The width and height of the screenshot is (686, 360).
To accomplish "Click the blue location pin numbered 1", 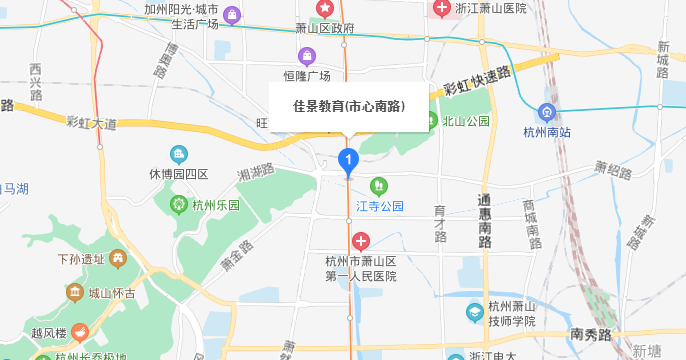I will click(348, 160).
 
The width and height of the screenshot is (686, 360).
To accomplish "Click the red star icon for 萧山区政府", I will click(324, 9).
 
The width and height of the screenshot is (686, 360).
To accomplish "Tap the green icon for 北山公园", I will click(430, 121).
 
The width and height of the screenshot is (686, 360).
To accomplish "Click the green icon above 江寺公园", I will click(378, 186).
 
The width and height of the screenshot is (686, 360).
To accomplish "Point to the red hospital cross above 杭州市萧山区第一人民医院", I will click(361, 241).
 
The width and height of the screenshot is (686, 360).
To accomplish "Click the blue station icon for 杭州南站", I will click(547, 112).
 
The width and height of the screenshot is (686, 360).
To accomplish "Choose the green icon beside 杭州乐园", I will click(178, 205).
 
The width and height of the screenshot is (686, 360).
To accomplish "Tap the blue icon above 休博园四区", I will click(179, 153).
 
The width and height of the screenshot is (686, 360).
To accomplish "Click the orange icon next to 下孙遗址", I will click(118, 259).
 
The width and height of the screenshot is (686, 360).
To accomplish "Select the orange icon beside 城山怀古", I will click(75, 293).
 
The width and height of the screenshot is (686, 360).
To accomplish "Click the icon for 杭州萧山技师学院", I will click(474, 313).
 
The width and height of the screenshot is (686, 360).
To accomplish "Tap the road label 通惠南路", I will click(484, 221).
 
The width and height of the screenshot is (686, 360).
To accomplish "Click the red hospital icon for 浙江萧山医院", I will click(441, 8).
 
